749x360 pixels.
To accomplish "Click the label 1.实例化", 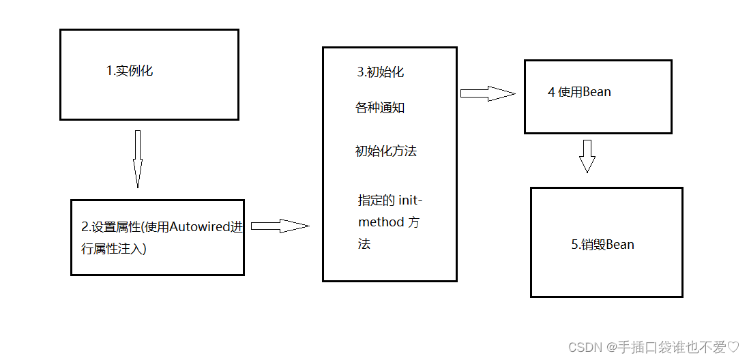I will click(130, 70).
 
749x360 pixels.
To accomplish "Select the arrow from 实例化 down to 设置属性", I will click(137, 158).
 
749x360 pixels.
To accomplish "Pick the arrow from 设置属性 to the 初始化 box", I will click(280, 226).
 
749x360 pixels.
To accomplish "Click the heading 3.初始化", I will click(380, 72).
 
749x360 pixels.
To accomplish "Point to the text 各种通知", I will click(380, 108).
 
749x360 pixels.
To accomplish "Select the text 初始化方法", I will click(385, 151).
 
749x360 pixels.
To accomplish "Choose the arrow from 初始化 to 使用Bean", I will click(487, 93).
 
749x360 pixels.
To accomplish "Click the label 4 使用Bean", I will click(579, 92).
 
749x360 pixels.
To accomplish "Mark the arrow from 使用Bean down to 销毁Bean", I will click(587, 156).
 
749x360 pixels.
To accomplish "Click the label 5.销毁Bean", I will click(602, 244).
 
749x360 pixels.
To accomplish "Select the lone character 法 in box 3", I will click(364, 244).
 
